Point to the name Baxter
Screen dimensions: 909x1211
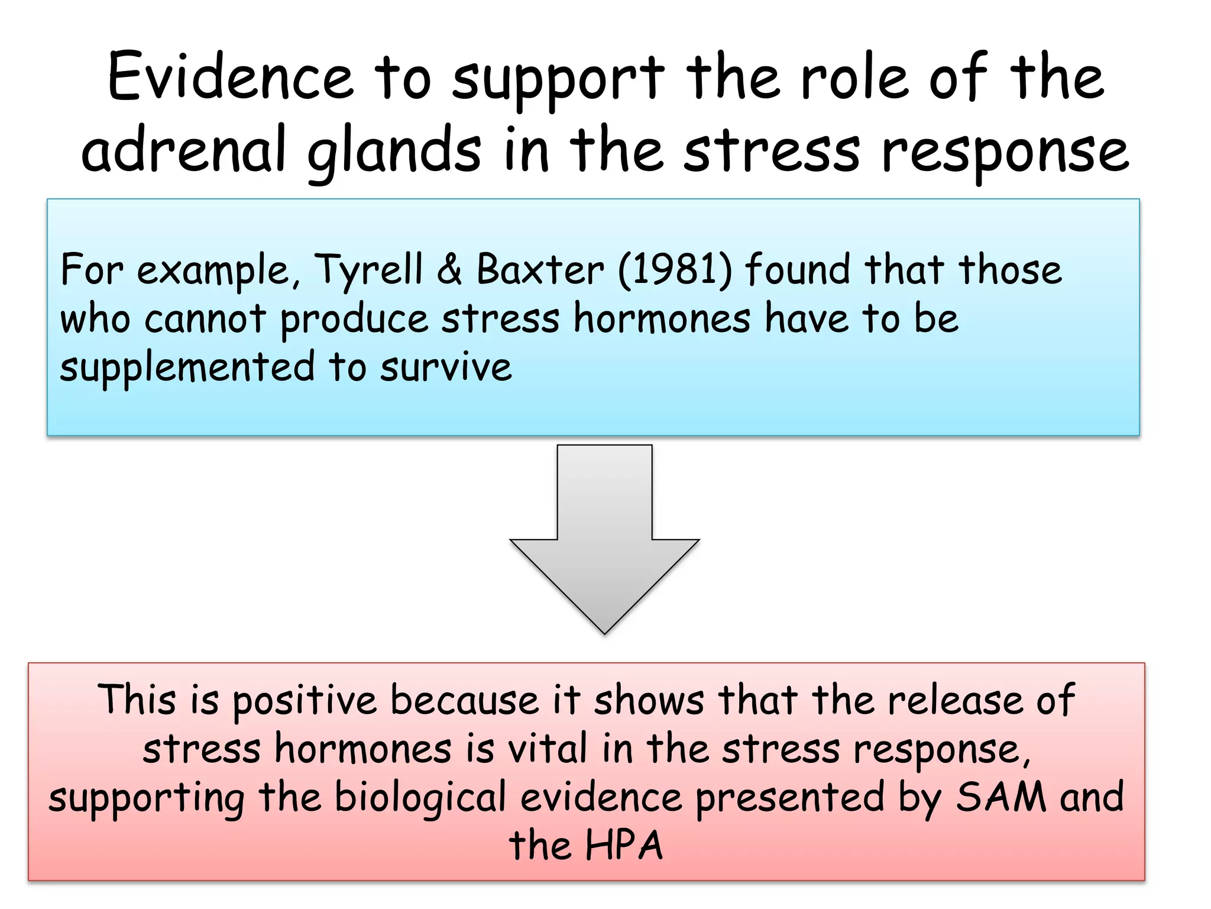[540, 270]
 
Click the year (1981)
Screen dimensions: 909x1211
[675, 270]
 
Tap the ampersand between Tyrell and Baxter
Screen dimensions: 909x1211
[449, 270]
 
